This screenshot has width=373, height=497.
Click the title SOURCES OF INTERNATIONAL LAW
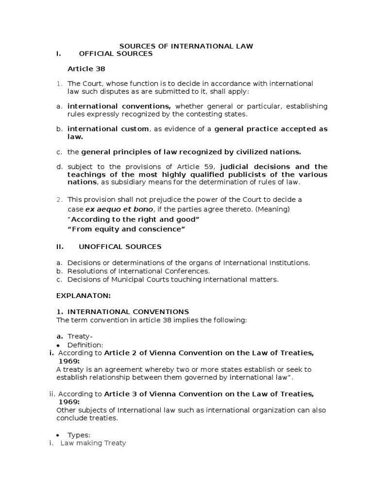pyautogui.click(x=186, y=46)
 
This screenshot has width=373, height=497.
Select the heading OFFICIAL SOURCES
pyautogui.click(x=116, y=54)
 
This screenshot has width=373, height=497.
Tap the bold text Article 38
pyautogui.click(x=86, y=69)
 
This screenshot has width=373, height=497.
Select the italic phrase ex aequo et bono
pyautogui.click(x=113, y=209)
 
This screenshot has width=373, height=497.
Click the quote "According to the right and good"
pyautogui.click(x=135, y=219)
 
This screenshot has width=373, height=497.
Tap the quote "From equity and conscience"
pyautogui.click(x=127, y=230)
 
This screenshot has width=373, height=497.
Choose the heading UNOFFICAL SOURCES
pyautogui.click(x=120, y=247)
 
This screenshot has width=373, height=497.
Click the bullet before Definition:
pyautogui.click(x=58, y=345)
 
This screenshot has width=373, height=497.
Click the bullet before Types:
pyautogui.click(x=58, y=435)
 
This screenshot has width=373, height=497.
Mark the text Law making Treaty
pyautogui.click(x=93, y=443)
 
